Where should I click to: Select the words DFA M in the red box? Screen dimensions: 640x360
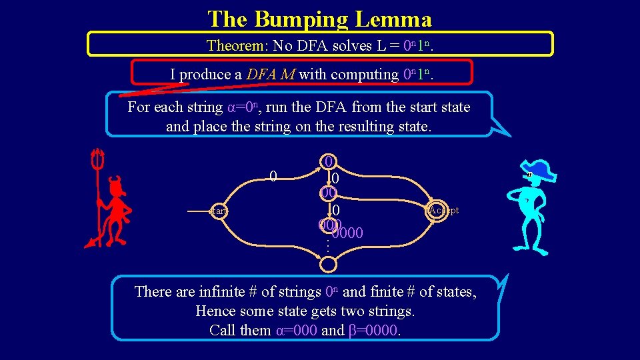tap(271, 75)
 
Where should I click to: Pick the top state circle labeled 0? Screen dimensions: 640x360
tap(327, 161)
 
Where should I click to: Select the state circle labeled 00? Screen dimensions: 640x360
tap(327, 193)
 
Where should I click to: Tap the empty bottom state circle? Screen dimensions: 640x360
tap(327, 264)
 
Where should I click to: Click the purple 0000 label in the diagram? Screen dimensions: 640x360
tap(347, 233)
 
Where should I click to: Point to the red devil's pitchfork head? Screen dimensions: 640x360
tap(98, 159)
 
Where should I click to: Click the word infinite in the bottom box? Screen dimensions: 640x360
tap(221, 291)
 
